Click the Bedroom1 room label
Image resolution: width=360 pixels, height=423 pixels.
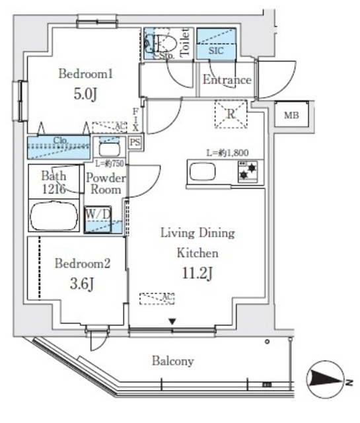(87, 74)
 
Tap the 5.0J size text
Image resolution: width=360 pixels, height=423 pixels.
(87, 95)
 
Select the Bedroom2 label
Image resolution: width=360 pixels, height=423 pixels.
(82, 263)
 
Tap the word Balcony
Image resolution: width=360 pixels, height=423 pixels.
(172, 361)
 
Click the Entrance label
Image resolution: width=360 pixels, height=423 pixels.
(227, 80)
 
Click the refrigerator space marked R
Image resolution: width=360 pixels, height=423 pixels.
(231, 114)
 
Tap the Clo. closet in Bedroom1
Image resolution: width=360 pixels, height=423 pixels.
(59, 146)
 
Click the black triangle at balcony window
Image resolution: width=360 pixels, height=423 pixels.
(172, 322)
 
